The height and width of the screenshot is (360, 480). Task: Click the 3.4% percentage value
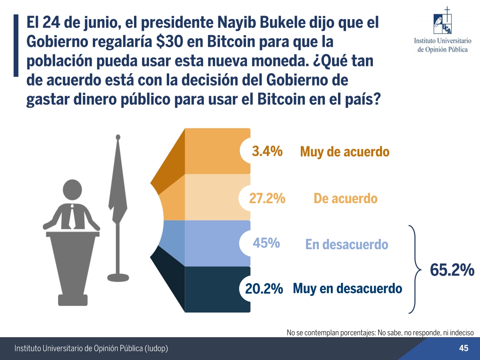(x=267, y=152)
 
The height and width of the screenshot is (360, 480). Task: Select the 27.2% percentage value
(x=267, y=198)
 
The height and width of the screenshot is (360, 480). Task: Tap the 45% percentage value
(x=266, y=243)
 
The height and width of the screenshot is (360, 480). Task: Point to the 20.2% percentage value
(x=264, y=289)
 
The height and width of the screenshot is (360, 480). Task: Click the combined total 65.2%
(x=452, y=271)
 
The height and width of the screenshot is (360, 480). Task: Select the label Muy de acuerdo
(x=344, y=152)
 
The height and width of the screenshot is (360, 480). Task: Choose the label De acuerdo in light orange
(x=345, y=198)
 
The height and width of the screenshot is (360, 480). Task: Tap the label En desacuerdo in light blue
(x=346, y=244)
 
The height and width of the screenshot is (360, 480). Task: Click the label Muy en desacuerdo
(x=347, y=288)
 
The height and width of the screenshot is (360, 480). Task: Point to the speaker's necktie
(x=71, y=216)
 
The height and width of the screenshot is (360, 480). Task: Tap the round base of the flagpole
(x=118, y=277)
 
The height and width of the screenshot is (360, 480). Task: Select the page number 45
(x=464, y=348)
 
